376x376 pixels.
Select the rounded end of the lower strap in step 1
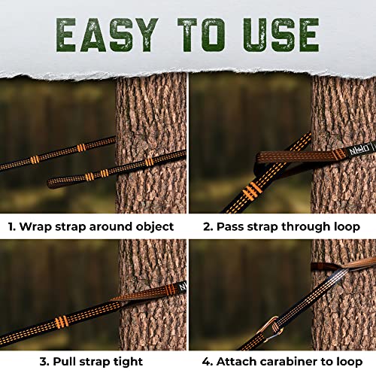(53, 181)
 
